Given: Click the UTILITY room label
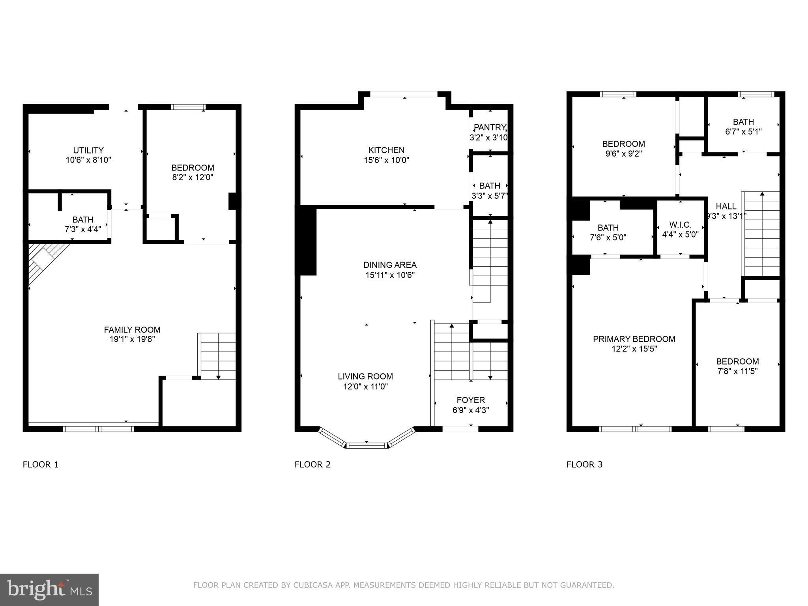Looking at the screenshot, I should (x=88, y=150).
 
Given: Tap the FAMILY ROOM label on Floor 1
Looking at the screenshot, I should (x=132, y=329).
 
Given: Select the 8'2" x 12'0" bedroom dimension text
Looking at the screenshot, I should (x=193, y=178).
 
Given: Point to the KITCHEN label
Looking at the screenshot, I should (x=386, y=150).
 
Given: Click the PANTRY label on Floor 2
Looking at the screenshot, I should (x=490, y=127).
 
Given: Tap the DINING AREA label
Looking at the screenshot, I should (x=390, y=265).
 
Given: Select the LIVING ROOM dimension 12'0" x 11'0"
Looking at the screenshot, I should (x=365, y=387).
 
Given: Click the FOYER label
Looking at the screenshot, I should (x=471, y=400).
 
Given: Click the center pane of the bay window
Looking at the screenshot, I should (x=367, y=445).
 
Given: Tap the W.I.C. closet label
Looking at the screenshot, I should (x=680, y=225).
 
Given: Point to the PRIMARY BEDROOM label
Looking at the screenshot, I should (x=634, y=339).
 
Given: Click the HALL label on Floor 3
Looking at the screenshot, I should (x=726, y=206).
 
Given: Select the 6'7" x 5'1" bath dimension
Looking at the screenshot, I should (x=743, y=132).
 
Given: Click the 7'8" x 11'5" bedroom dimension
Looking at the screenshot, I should (x=737, y=371).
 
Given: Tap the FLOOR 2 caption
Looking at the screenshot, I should (x=312, y=464).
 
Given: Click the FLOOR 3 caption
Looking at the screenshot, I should (x=584, y=464).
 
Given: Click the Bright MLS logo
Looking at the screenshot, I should (x=49, y=589).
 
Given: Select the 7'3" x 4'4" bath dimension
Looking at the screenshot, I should (x=83, y=230).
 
